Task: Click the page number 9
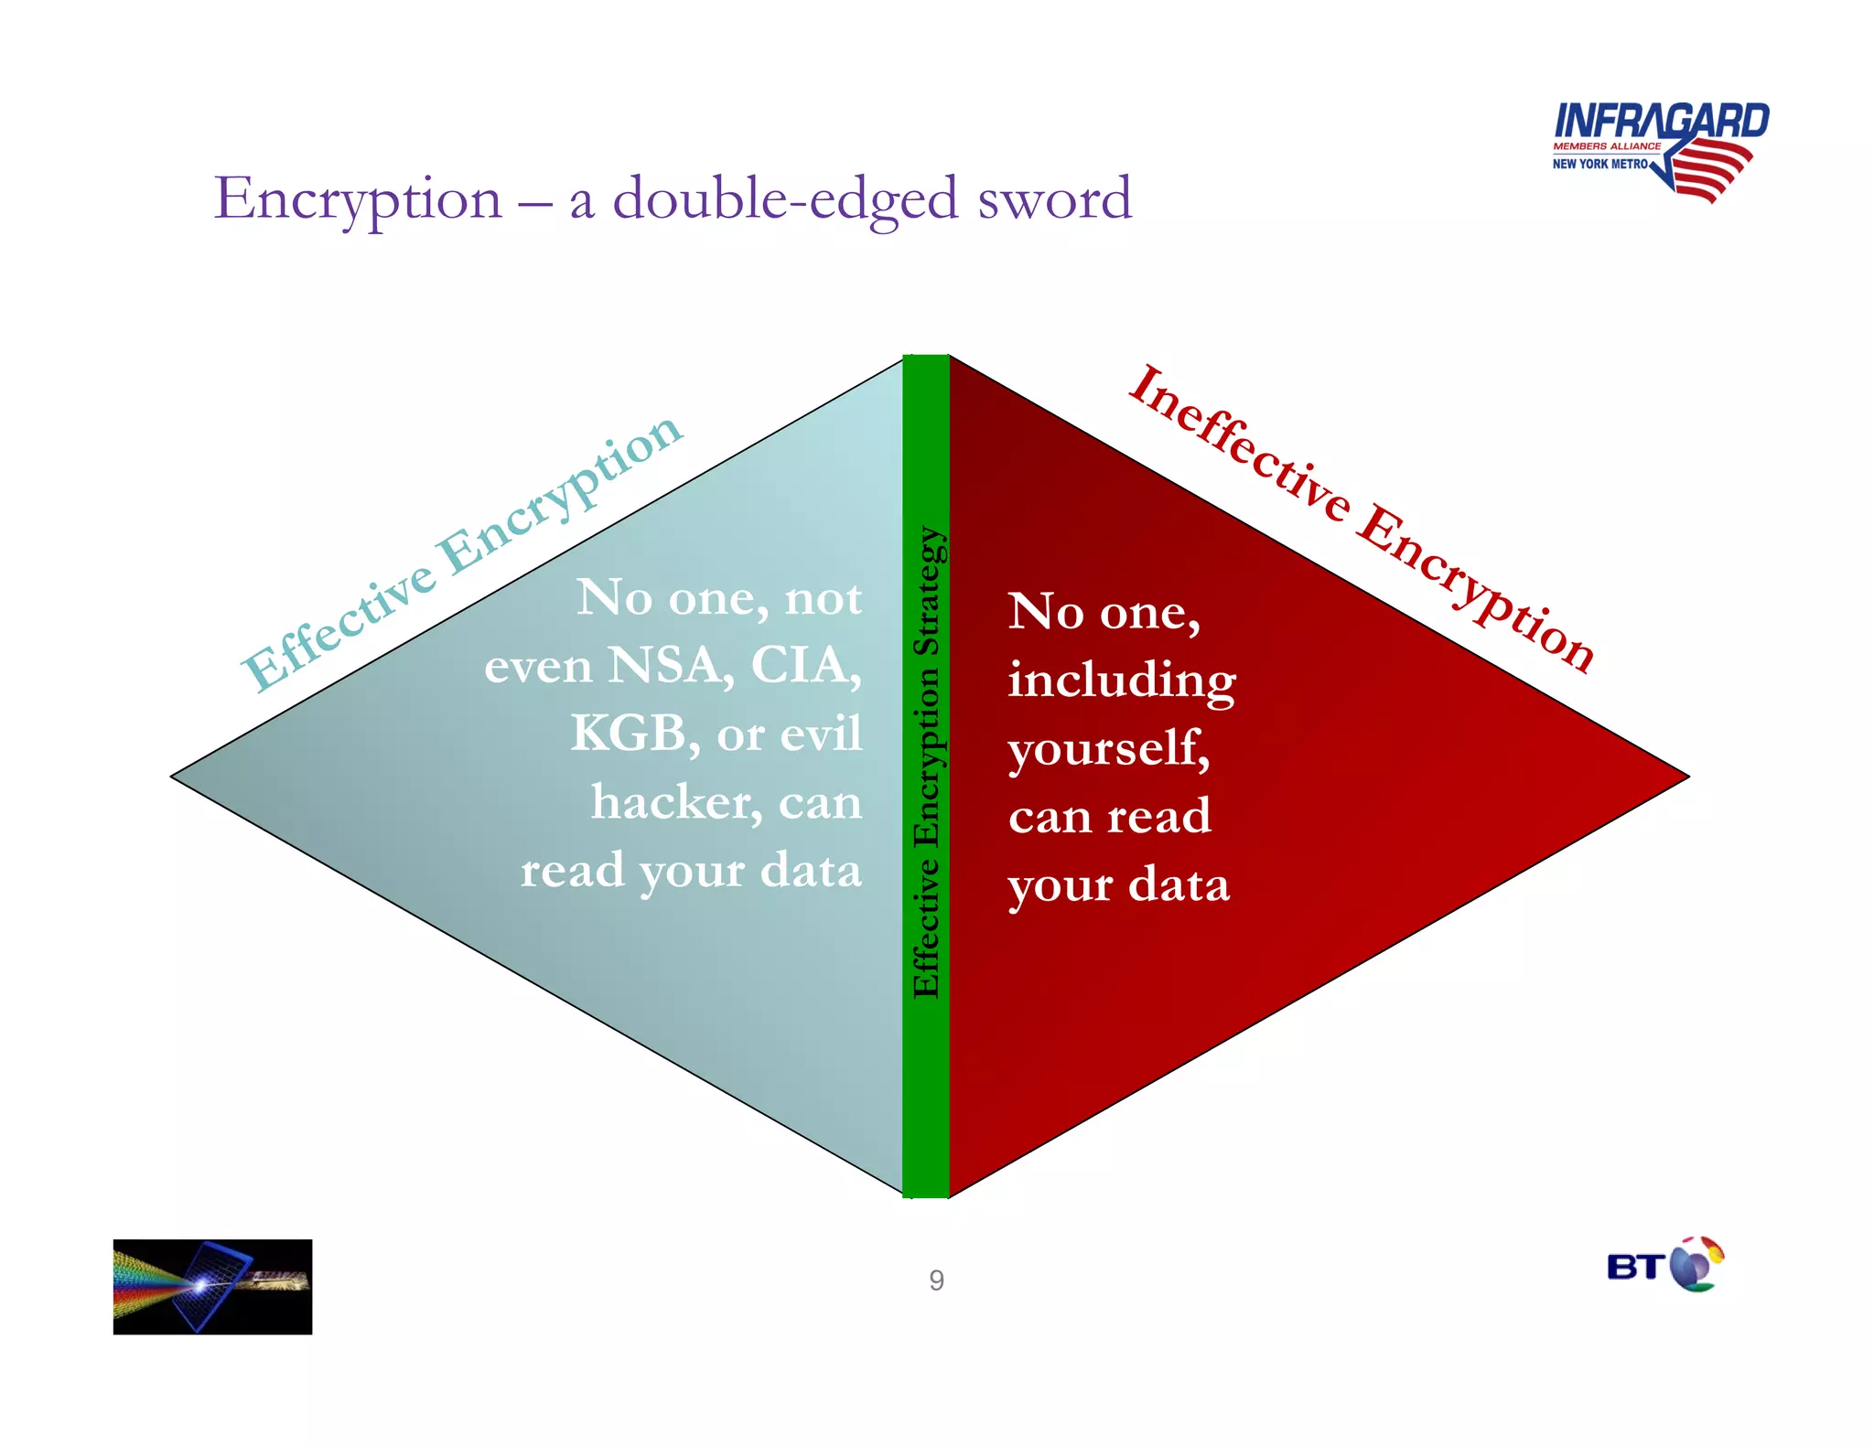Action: (936, 1281)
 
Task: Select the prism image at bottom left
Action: (212, 1287)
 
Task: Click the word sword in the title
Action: (1054, 198)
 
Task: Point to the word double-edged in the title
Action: (785, 200)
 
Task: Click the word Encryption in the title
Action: (358, 200)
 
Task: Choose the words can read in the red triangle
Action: (1109, 816)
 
